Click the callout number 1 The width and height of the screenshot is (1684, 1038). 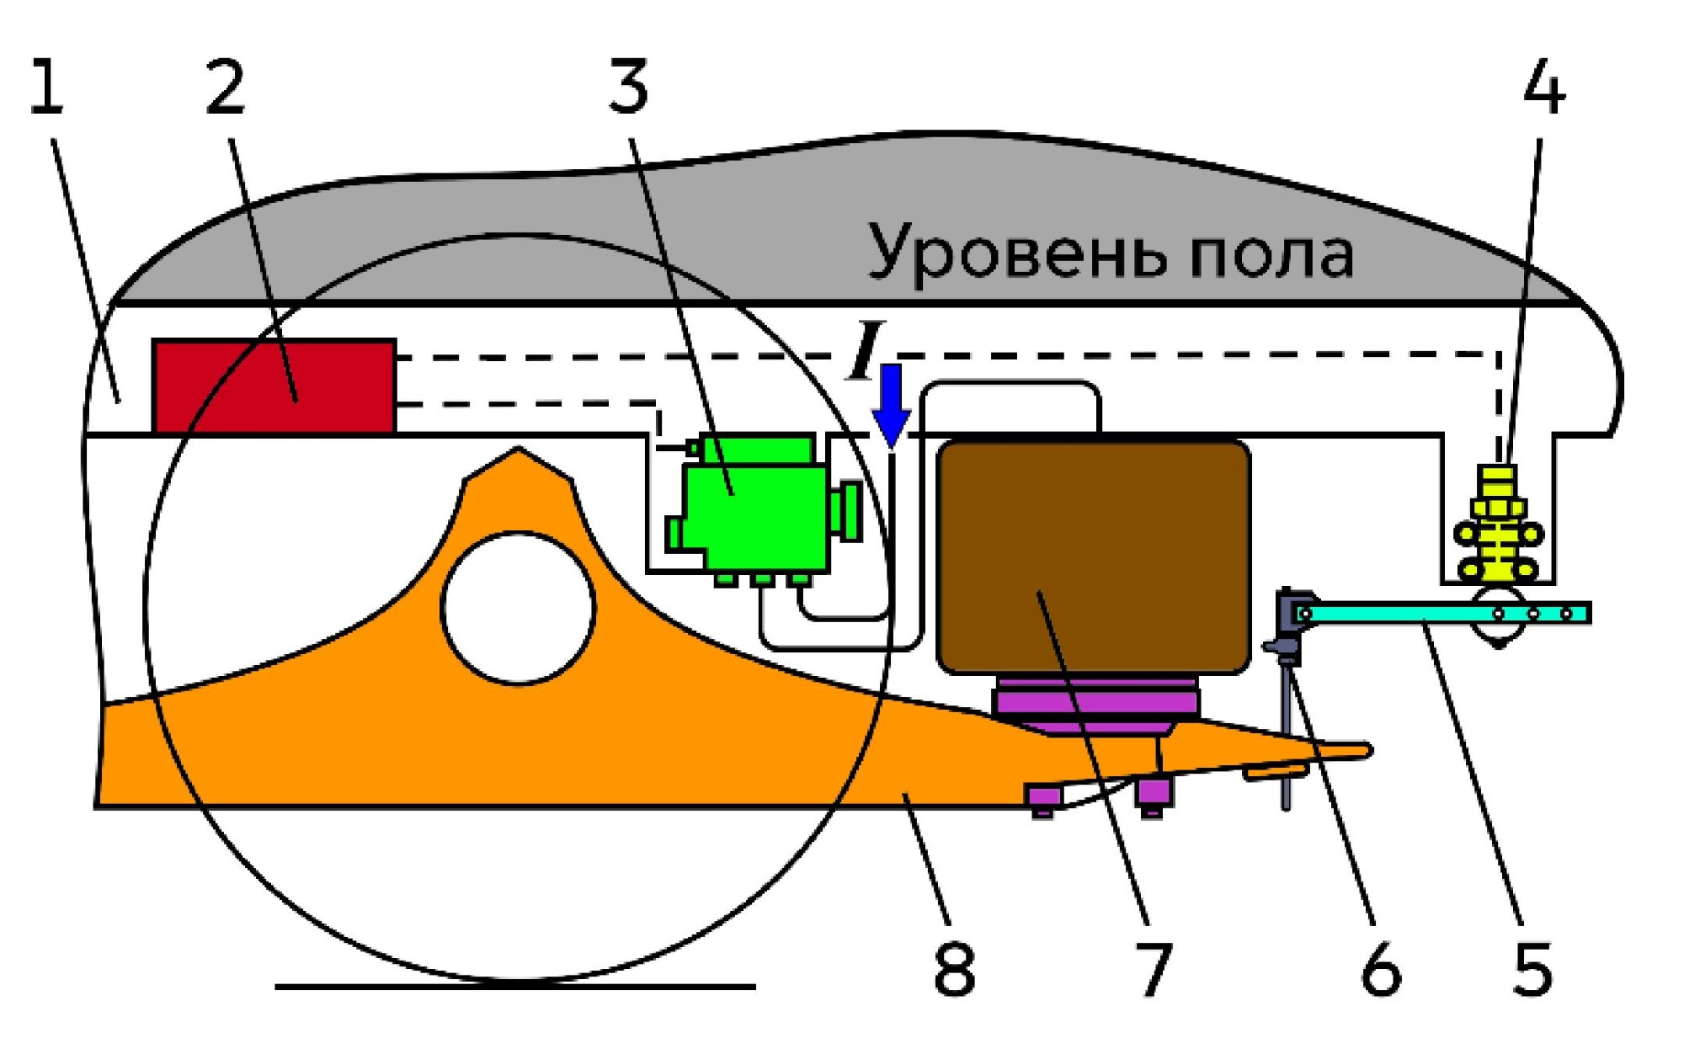pyautogui.click(x=46, y=86)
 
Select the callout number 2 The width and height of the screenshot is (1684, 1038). pyautogui.click(x=226, y=86)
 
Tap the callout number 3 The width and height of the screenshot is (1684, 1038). pyautogui.click(x=629, y=86)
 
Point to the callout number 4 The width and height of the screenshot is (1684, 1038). pyautogui.click(x=1544, y=86)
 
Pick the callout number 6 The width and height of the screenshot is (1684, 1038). pyautogui.click(x=1382, y=968)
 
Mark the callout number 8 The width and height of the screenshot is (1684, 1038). pyautogui.click(x=954, y=968)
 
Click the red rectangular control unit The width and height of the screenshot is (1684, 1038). pyautogui.click(x=274, y=386)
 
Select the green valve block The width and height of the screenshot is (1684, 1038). pyautogui.click(x=762, y=509)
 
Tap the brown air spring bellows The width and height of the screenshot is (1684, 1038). pyautogui.click(x=1094, y=556)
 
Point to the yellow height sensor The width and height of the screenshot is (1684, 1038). pyautogui.click(x=1499, y=524)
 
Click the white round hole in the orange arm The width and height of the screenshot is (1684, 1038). pyautogui.click(x=519, y=608)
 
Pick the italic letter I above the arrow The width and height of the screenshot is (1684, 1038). pyautogui.click(x=866, y=349)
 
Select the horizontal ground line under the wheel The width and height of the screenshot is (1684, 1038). pyautogui.click(x=515, y=986)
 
